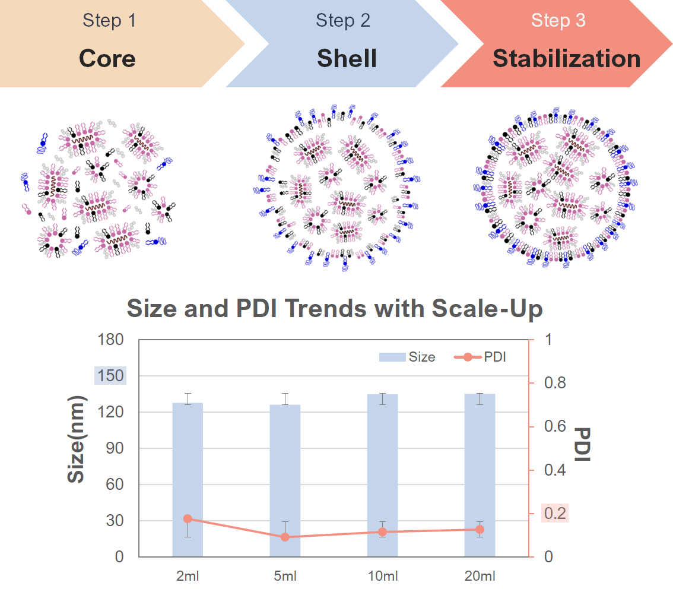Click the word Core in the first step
[x=107, y=59]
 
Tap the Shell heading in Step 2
[x=347, y=59]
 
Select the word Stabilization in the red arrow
[x=566, y=59]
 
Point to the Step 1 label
[x=109, y=21]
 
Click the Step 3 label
[x=558, y=21]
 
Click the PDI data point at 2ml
[x=188, y=519]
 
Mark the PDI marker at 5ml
[x=285, y=537]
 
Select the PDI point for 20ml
[x=480, y=529]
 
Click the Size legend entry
[x=408, y=357]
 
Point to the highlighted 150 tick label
[x=110, y=376]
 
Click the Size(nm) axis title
[x=77, y=439]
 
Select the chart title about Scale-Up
[x=335, y=309]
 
